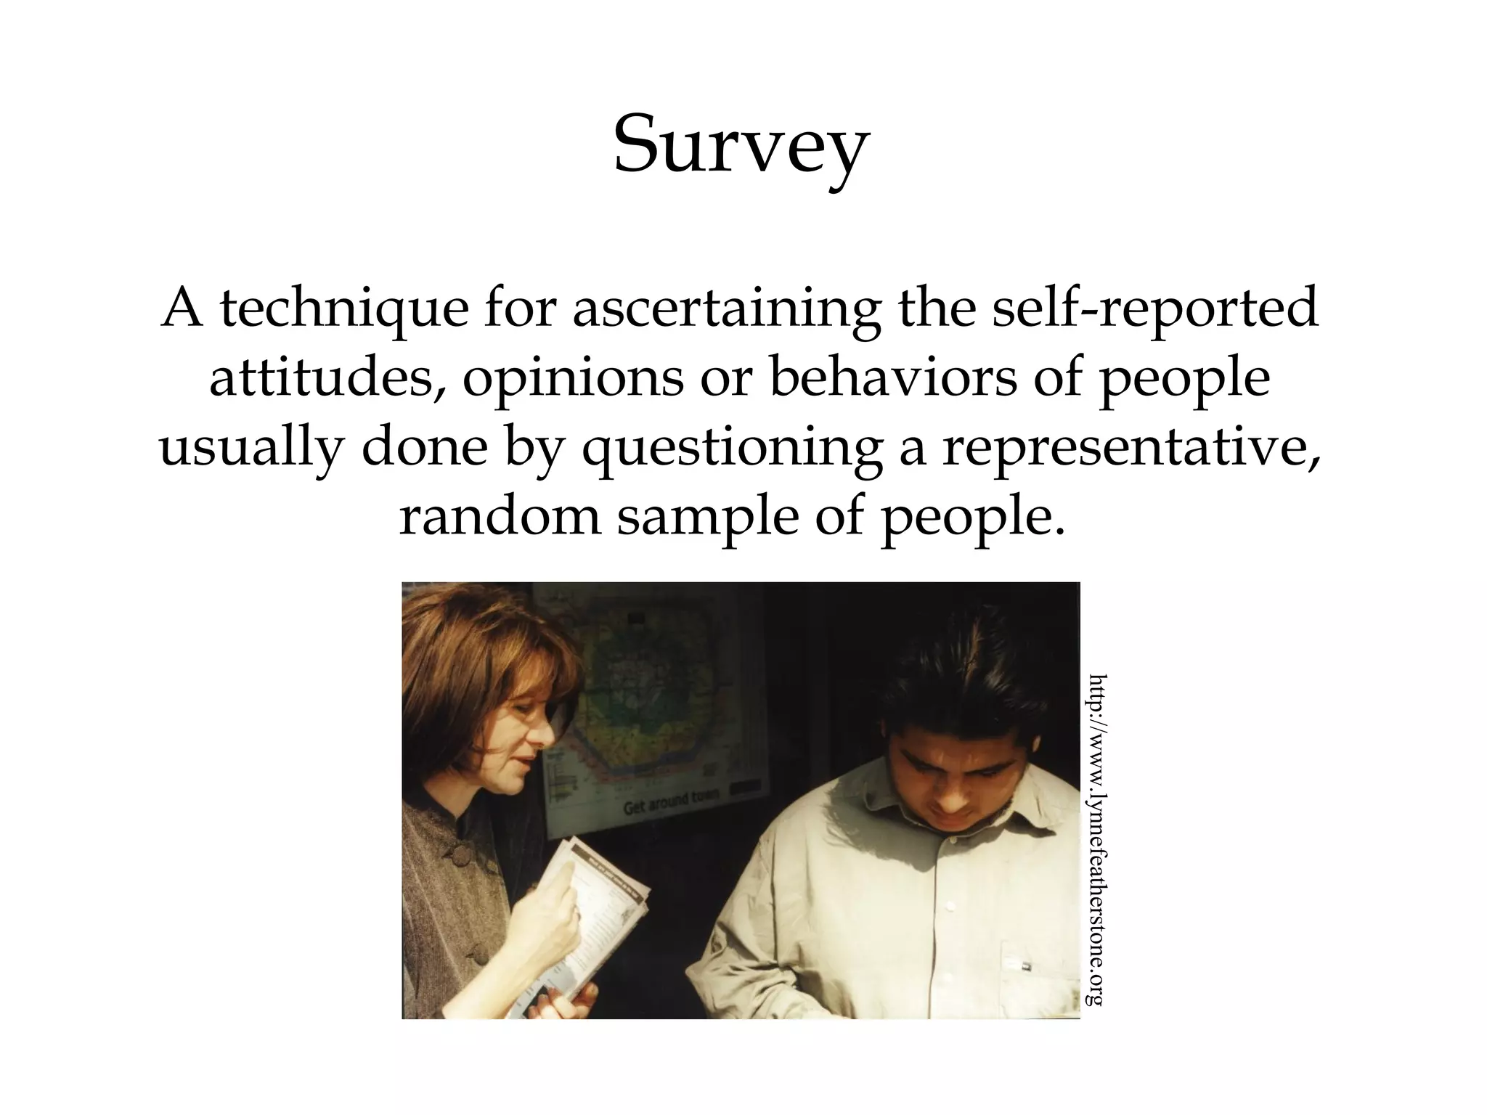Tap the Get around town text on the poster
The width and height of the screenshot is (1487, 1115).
coord(669,801)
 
